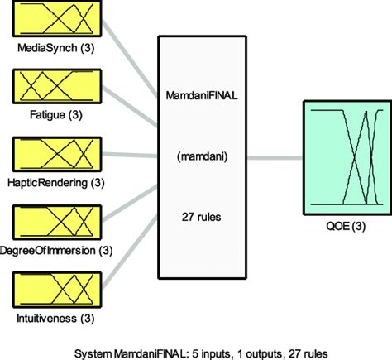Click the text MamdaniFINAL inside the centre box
tap(202, 98)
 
